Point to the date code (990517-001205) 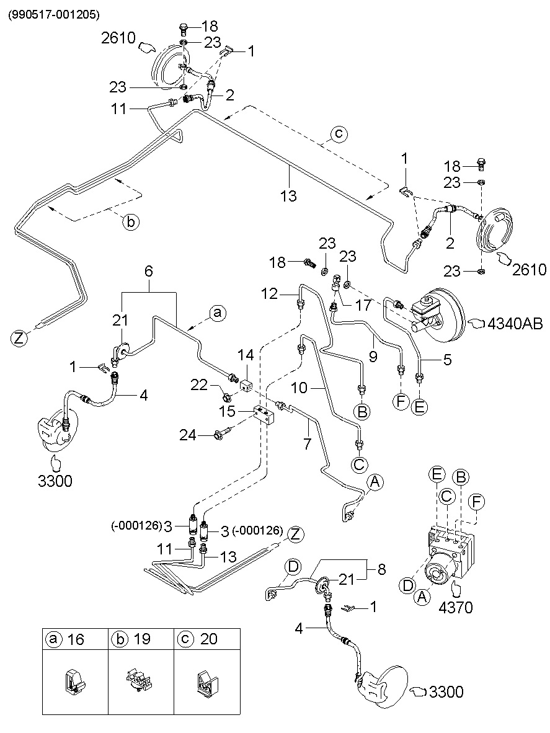pyautogui.click(x=53, y=14)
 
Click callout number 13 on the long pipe pyautogui.click(x=288, y=196)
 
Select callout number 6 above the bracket pyautogui.click(x=149, y=271)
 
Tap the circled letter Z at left pyautogui.click(x=20, y=338)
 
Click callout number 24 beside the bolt pyautogui.click(x=189, y=435)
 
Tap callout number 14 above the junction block pyautogui.click(x=247, y=355)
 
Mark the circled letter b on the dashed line pyautogui.click(x=131, y=221)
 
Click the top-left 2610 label pyautogui.click(x=118, y=38)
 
